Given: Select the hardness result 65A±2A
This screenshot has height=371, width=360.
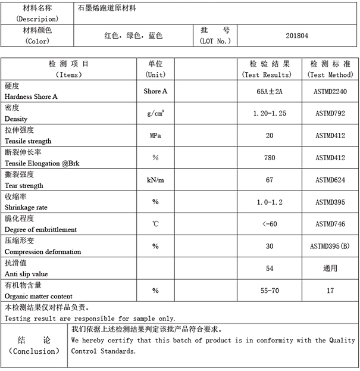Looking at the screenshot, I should point(270,92).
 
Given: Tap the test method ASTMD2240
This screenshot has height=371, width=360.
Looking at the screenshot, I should point(330,92).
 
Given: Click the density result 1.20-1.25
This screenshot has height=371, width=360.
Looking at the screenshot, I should point(270,114).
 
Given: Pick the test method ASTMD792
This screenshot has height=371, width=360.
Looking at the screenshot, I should point(330,114).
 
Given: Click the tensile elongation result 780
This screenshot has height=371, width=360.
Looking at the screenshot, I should point(270,158).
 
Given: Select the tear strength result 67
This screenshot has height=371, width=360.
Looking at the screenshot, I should point(270,180).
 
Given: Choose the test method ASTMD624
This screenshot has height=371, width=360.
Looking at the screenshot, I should point(330,180).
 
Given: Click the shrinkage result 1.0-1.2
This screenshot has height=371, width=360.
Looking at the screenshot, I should point(270,202).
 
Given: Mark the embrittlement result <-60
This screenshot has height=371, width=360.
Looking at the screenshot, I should point(270,224).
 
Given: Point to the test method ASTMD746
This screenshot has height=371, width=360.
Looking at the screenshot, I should point(330,224).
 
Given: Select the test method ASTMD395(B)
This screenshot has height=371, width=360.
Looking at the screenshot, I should point(330,246).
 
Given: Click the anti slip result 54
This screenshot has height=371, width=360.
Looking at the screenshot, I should point(270,268).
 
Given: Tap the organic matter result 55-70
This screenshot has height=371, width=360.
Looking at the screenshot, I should point(270,290).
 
